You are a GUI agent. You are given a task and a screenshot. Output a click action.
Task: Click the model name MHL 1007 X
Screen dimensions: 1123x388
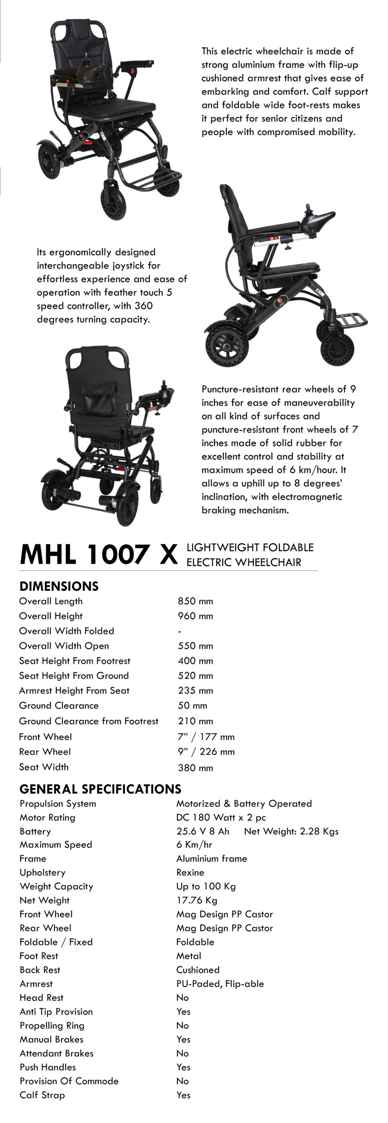tap(99, 554)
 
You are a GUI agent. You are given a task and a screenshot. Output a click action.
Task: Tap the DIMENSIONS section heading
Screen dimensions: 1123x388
tap(59, 586)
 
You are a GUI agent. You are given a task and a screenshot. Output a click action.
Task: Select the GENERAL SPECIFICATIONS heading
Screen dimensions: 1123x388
tap(100, 789)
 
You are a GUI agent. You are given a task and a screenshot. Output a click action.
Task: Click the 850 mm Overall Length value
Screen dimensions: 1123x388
tap(195, 601)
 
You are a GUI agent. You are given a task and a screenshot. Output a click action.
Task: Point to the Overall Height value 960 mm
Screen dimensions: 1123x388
tap(195, 616)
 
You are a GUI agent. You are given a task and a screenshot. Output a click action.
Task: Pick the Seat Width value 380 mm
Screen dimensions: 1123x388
tap(195, 768)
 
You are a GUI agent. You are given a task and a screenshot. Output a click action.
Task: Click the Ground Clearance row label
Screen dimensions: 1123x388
tap(59, 705)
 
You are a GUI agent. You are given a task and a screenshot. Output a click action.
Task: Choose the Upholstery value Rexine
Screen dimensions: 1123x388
tap(190, 873)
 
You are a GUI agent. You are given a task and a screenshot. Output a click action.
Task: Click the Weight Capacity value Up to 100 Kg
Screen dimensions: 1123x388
tap(206, 886)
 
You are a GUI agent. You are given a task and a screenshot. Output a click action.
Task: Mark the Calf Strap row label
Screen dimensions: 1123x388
tap(42, 1095)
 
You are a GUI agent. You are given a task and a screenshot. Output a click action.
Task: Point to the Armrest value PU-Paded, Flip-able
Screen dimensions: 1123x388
tap(220, 984)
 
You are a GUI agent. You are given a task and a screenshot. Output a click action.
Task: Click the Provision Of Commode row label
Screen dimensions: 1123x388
tap(69, 1081)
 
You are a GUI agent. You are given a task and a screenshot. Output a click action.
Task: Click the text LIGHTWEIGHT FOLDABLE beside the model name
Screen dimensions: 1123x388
tap(250, 547)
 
